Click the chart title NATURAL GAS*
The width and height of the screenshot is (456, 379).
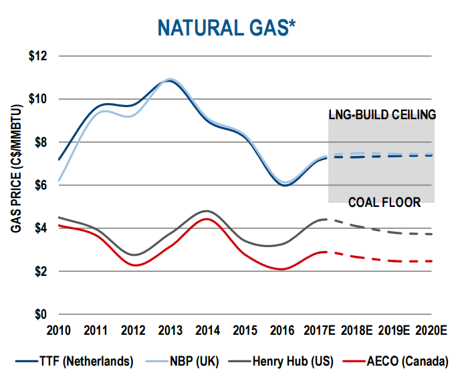click(226, 27)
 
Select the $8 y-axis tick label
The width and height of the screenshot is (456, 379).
click(41, 142)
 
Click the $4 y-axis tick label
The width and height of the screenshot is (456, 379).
click(41, 228)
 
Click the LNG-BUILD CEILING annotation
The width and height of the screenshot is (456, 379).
click(382, 114)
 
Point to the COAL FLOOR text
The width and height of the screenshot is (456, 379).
click(386, 202)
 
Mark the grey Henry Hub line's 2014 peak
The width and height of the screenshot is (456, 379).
click(207, 211)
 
